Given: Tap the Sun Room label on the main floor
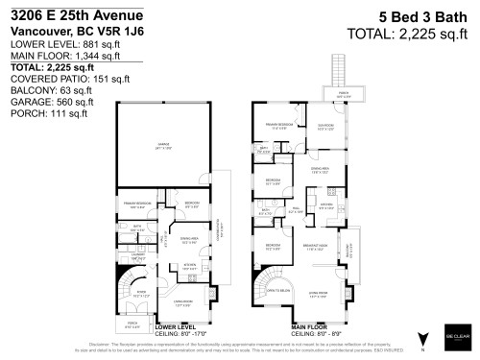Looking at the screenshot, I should point(325,127).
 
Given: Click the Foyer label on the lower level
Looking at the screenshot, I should point(140,294).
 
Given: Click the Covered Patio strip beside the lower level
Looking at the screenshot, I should point(227,230).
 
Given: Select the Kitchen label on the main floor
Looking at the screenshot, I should point(325,204).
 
